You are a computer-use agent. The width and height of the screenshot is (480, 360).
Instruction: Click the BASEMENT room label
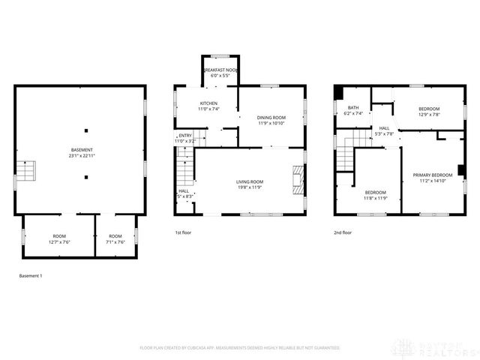pyautogui.click(x=82, y=150)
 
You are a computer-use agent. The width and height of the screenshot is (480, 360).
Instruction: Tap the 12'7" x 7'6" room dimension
pyautogui.click(x=59, y=242)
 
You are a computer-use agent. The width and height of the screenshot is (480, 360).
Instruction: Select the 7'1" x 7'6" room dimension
pyautogui.click(x=115, y=242)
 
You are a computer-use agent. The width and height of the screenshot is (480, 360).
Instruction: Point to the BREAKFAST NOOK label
pyautogui.click(x=220, y=70)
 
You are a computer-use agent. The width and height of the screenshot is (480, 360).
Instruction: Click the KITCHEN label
pyautogui.click(x=208, y=103)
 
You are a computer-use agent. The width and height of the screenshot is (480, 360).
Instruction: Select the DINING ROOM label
pyautogui.click(x=272, y=118)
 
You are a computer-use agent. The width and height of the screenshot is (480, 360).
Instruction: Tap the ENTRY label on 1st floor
pyautogui.click(x=184, y=136)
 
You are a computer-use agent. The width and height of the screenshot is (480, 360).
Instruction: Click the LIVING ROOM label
pyautogui.click(x=250, y=181)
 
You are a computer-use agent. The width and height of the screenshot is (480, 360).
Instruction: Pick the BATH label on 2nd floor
pyautogui.click(x=352, y=107)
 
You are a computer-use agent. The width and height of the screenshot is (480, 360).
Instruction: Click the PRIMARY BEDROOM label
pyautogui.click(x=433, y=175)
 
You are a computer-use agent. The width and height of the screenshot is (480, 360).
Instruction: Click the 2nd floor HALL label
pyautogui.click(x=384, y=128)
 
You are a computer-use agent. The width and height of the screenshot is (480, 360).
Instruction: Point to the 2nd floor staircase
pyautogui.click(x=346, y=154)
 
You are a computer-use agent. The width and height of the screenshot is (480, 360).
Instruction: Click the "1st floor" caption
pyautogui.click(x=183, y=233)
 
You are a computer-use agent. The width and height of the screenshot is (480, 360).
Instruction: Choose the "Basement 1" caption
pyautogui.click(x=31, y=276)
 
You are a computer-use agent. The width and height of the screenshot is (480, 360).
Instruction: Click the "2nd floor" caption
pyautogui.click(x=343, y=233)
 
